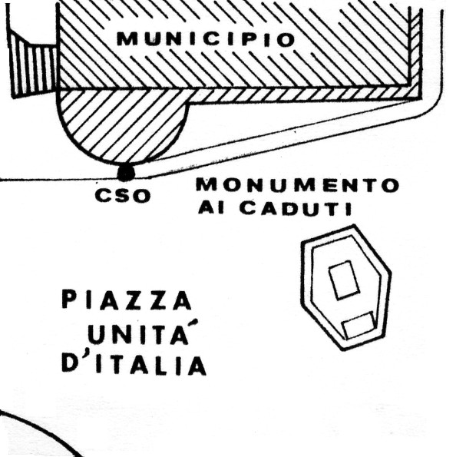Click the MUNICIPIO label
[x=206, y=39]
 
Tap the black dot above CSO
[x=126, y=173]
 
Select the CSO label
[x=123, y=196]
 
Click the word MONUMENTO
[x=298, y=185]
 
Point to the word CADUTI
[x=296, y=208]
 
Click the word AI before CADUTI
[x=211, y=207]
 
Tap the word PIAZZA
[x=127, y=300]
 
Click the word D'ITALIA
[x=134, y=364]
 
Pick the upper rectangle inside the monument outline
[x=344, y=280]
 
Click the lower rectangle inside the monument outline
[x=359, y=325]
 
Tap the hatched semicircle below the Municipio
[x=123, y=122]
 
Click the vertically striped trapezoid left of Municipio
[x=33, y=67]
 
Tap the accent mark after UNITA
[x=194, y=323]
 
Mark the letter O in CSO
[x=141, y=196]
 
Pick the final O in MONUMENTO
[x=390, y=185]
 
